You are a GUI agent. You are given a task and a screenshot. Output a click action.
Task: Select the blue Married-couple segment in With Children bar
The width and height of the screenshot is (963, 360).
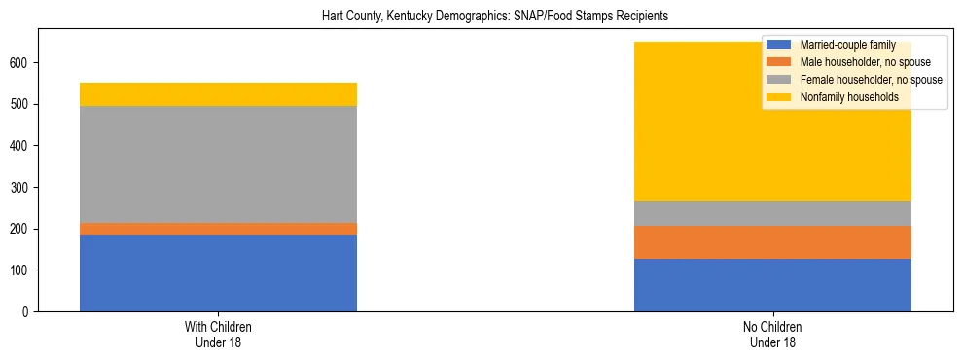(218, 273)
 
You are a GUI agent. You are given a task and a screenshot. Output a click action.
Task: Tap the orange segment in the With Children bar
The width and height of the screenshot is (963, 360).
(218, 229)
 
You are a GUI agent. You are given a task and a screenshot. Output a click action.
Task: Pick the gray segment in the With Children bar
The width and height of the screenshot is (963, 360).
(218, 164)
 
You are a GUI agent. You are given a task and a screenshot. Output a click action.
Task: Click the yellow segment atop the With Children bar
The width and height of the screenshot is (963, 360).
(218, 94)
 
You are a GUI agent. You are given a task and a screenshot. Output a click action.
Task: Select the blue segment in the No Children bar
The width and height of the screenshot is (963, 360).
(772, 285)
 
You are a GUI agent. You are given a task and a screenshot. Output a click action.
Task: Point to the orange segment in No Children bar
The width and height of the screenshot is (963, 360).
(772, 242)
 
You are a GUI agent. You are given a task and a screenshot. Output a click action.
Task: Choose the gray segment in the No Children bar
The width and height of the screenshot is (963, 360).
(772, 213)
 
